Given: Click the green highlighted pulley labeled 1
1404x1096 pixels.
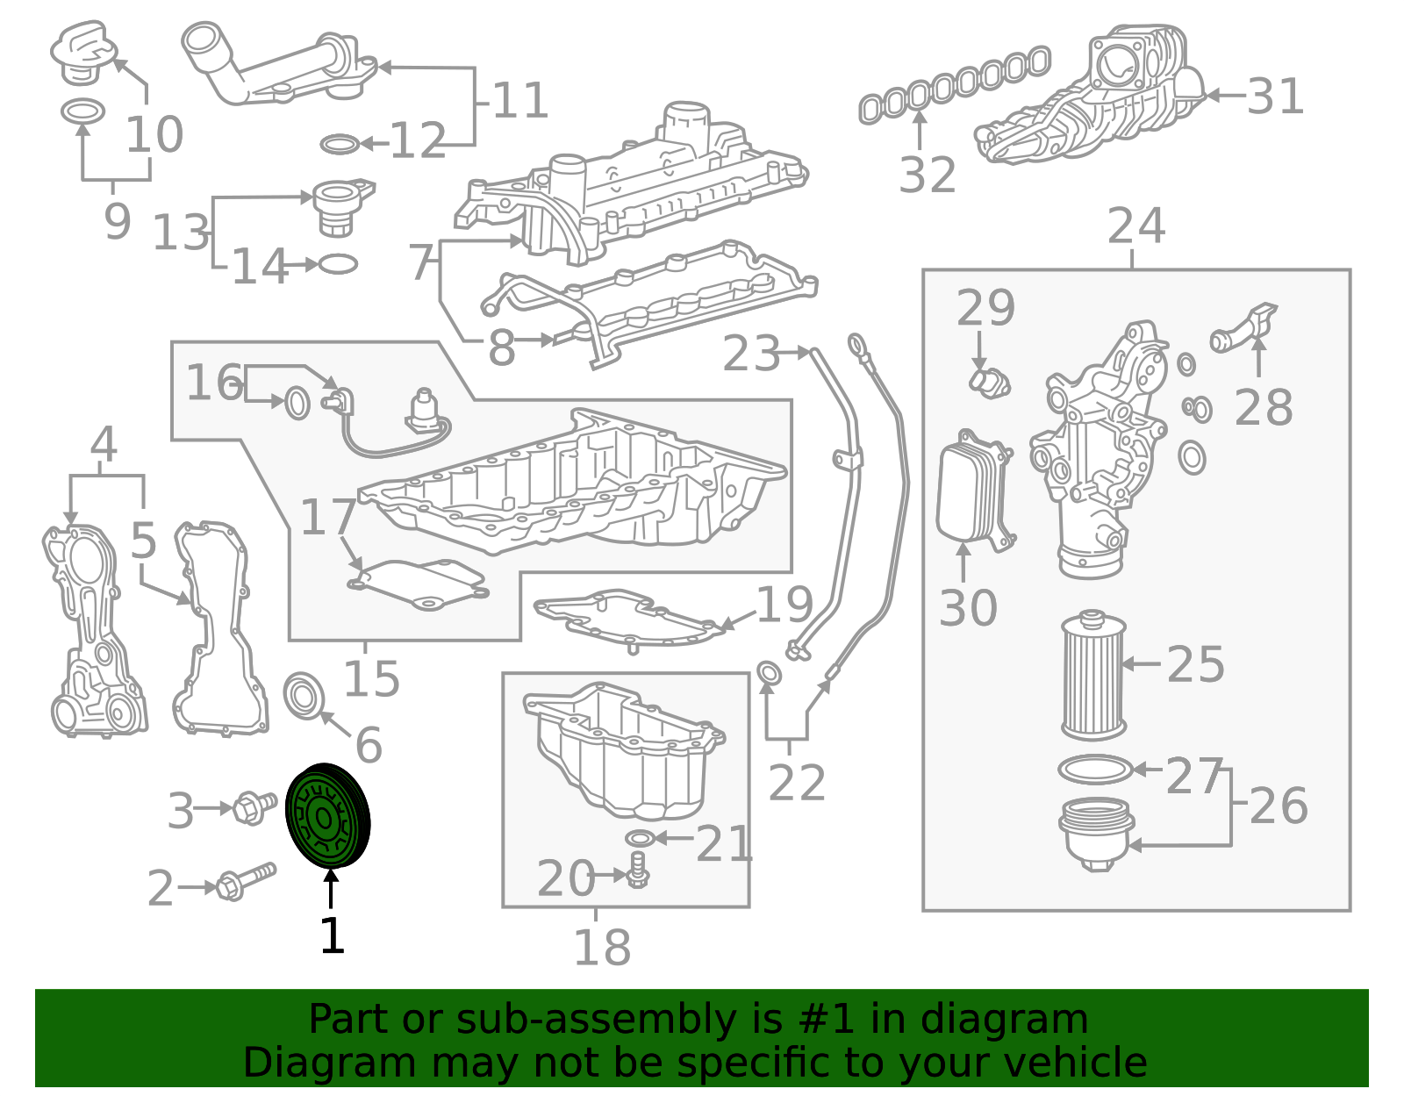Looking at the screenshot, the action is point(327,815).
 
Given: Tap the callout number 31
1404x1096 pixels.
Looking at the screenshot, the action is point(1275,97).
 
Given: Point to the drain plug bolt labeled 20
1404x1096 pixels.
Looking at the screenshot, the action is point(638,870).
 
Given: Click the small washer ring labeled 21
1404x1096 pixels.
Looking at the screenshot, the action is point(640,838).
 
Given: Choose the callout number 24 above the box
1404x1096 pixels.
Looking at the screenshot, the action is point(1135,226).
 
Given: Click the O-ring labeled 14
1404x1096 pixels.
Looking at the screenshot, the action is point(338,263).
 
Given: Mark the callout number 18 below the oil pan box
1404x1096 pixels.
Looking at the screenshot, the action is point(602,948).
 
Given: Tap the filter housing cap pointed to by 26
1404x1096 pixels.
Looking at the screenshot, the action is point(1097,833).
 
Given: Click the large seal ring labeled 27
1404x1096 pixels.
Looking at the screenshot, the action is point(1096,770).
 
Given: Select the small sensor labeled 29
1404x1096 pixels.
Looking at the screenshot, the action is point(989,383).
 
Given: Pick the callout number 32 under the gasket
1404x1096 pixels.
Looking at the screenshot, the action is point(928,175).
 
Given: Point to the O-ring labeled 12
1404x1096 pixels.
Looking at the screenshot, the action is point(340,144).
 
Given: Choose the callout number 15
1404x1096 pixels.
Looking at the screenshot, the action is point(371,678).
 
